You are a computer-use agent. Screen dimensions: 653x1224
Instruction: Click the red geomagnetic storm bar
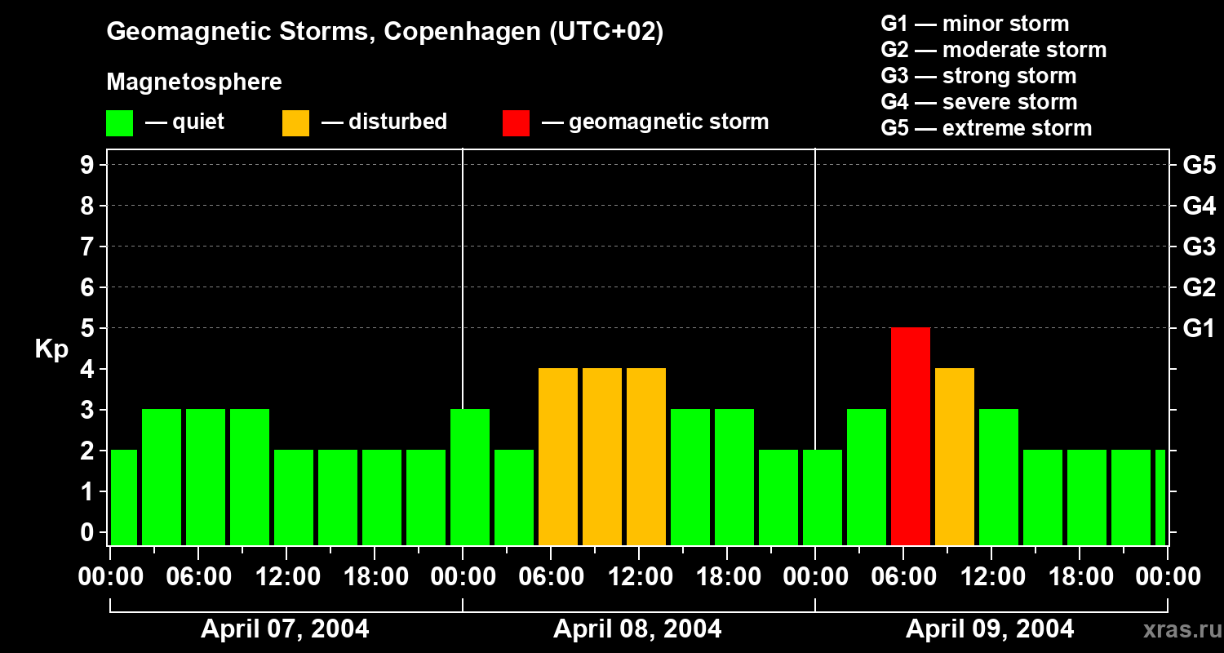[911, 436]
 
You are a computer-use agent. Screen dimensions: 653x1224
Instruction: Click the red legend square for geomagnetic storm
[516, 122]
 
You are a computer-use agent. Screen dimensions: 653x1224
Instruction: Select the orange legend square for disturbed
[295, 122]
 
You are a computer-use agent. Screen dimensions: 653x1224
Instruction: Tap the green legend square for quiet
[119, 122]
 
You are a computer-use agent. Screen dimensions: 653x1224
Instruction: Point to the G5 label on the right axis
[1199, 165]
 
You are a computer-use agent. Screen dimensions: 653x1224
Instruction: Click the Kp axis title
[51, 349]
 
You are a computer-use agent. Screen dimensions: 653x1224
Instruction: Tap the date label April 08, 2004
[637, 629]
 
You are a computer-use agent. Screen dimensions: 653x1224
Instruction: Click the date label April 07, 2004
[285, 629]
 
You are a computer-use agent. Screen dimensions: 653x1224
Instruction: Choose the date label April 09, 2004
[990, 629]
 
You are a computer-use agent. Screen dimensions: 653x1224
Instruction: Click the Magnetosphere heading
[194, 82]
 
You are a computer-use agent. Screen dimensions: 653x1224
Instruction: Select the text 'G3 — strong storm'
[978, 76]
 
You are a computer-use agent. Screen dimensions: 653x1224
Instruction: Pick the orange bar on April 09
[955, 456]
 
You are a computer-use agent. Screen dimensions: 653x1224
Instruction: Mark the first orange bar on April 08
[558, 456]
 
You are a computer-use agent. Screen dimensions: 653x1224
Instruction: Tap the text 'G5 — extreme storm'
[986, 128]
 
